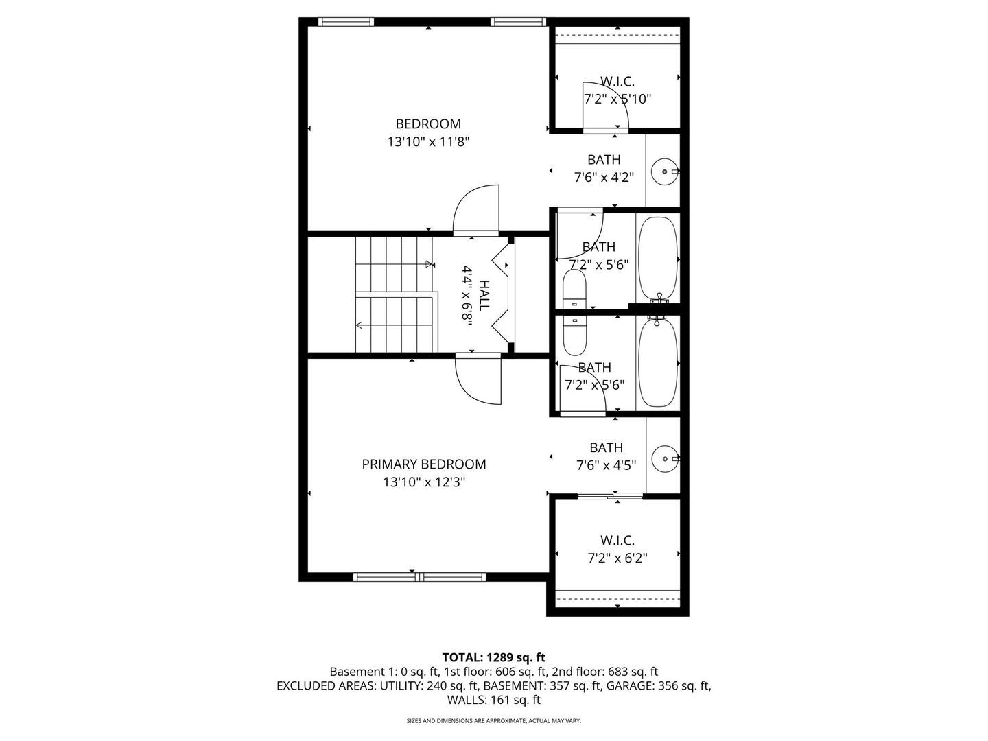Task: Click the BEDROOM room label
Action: pos(428,124)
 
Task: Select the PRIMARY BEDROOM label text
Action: pos(424,464)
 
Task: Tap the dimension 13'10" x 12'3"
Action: pos(424,482)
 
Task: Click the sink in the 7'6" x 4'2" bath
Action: pos(664,171)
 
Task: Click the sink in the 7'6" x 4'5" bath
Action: pos(664,458)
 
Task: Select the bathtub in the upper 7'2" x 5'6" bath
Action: pos(658,257)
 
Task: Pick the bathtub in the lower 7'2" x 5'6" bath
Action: pos(658,362)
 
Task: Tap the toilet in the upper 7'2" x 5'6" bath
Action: pos(574,290)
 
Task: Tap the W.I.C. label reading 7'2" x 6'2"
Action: pos(617,550)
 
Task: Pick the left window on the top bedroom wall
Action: pos(347,22)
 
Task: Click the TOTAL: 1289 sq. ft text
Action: pos(493,657)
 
